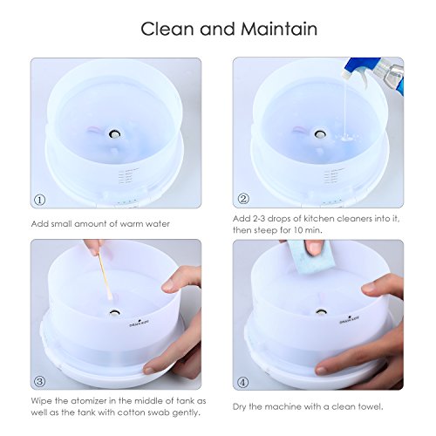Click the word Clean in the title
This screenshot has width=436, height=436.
click(169, 29)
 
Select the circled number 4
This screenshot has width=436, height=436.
click(244, 381)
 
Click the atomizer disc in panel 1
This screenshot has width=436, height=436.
click(114, 136)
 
